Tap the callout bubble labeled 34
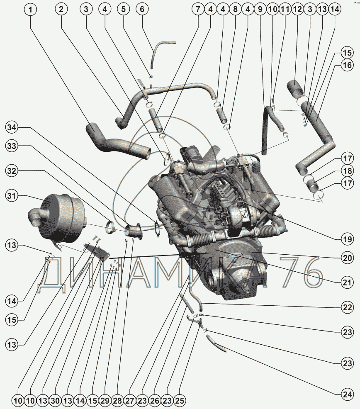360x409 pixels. point(12,127)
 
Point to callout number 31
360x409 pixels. point(12,195)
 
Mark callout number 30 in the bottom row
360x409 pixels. point(56,401)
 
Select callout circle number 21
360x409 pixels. point(347,282)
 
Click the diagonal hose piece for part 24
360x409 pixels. point(216,343)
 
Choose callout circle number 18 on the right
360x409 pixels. point(347,171)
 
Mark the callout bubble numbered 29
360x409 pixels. point(105,401)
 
